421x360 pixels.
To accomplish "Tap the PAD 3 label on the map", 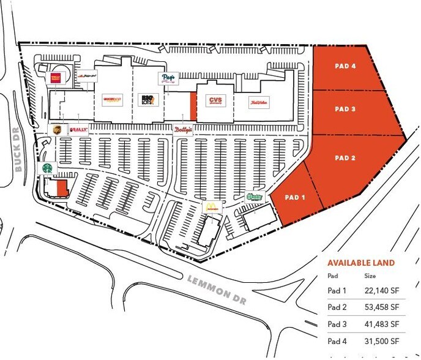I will click(x=345, y=109).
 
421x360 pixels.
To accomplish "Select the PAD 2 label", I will click(x=345, y=158).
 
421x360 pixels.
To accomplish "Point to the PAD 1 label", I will click(x=294, y=197).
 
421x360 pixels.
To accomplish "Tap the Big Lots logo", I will click(x=147, y=100).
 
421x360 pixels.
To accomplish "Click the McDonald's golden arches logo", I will click(x=211, y=206).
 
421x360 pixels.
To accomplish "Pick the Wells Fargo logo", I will click(x=56, y=78).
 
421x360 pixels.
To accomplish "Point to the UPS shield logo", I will click(x=57, y=130).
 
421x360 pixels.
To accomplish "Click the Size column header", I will click(x=370, y=276).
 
